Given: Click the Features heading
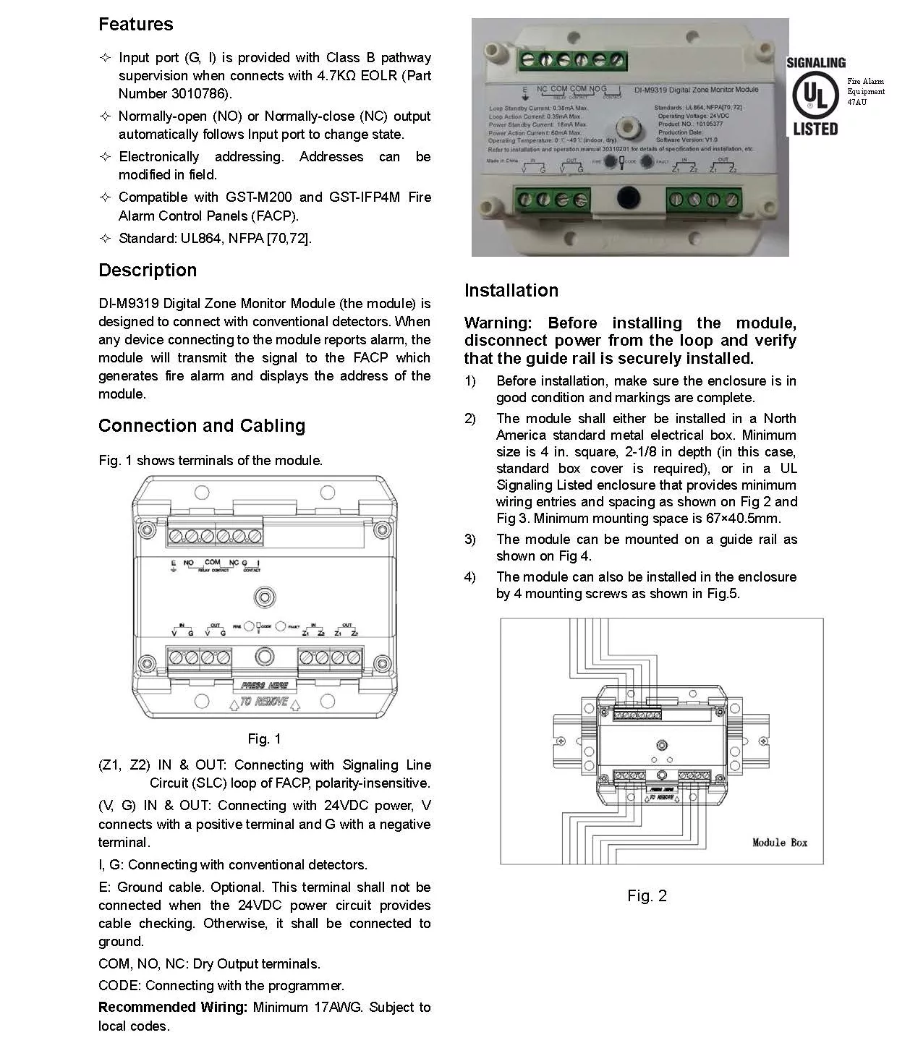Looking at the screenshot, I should tap(136, 25).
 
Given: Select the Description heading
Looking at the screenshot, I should tap(148, 271).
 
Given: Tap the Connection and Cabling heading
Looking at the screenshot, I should tap(202, 426).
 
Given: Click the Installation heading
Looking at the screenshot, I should tap(511, 291).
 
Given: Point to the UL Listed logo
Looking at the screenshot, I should tap(815, 97).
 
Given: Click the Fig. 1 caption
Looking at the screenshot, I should tap(264, 738).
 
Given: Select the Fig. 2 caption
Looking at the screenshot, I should tap(647, 896).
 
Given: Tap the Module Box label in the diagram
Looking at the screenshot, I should tap(779, 843).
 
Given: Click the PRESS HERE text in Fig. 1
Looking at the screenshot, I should tap(264, 685).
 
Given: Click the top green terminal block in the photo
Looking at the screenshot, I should tap(571, 60).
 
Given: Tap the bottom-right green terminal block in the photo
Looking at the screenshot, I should tap(704, 199).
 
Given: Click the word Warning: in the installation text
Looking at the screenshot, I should tap(498, 323).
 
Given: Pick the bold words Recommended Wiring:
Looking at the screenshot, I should tap(173, 1008).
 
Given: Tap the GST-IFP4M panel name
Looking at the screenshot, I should tap(365, 197).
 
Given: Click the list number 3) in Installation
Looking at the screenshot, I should tap(470, 540).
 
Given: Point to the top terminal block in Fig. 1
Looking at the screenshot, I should tap(215, 536).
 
